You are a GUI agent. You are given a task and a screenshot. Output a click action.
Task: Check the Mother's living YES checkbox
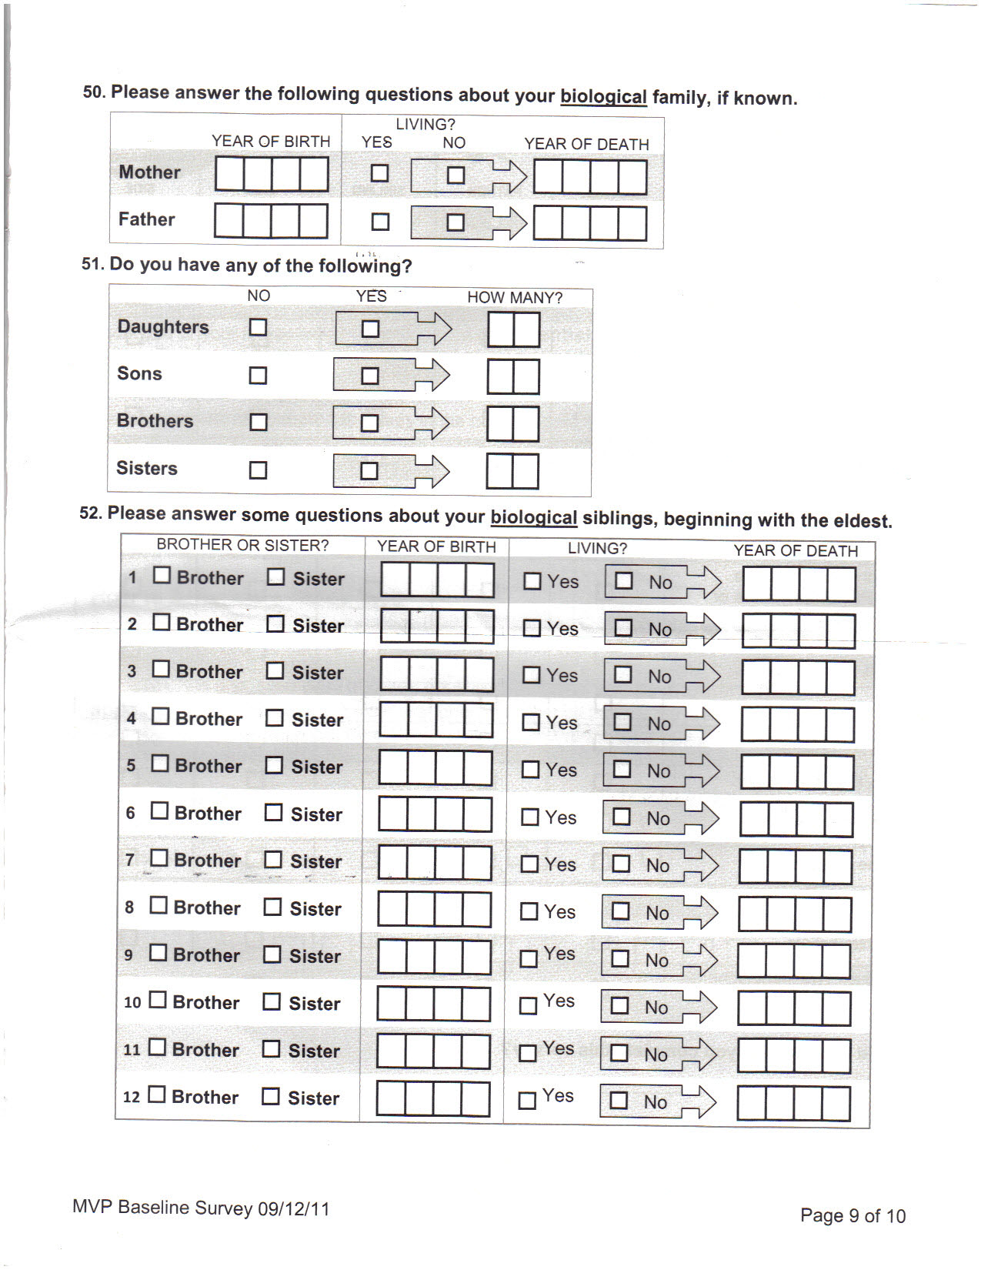(379, 173)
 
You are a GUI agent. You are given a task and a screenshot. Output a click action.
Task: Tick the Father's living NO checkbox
(455, 222)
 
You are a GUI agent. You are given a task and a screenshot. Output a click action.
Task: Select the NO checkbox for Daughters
(258, 327)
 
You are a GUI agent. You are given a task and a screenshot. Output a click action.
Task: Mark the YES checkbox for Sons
(370, 376)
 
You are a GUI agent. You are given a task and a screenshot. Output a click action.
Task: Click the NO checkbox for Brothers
(259, 423)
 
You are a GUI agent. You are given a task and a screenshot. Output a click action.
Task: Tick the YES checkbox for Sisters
(369, 471)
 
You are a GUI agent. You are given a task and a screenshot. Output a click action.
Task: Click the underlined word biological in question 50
(603, 97)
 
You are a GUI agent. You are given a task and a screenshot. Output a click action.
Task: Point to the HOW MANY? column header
(515, 298)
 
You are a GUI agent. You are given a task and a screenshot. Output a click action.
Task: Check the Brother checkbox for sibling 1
(162, 576)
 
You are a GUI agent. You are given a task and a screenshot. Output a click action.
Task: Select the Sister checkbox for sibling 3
(275, 671)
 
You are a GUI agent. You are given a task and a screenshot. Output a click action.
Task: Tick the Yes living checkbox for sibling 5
(531, 770)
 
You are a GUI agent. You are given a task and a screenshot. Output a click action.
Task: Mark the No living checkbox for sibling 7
(620, 864)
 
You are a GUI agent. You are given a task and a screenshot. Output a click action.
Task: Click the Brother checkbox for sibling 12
(156, 1095)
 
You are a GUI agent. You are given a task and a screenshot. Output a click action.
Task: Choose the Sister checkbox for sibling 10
(272, 1001)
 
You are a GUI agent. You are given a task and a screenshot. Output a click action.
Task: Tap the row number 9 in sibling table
(128, 955)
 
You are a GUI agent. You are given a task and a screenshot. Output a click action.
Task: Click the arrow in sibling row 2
(702, 630)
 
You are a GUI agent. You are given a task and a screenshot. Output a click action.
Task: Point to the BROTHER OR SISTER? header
(242, 545)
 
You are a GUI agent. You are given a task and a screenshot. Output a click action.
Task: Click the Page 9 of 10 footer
(853, 1216)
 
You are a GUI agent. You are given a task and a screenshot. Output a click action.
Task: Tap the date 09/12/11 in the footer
(294, 1209)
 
